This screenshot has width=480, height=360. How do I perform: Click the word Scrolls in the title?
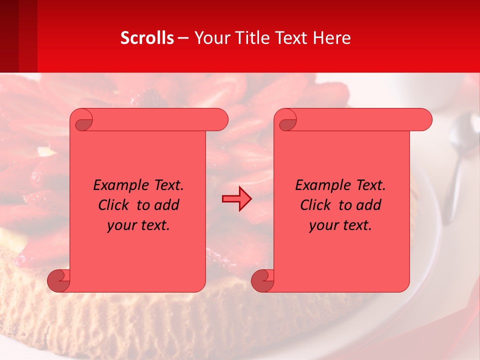coord(147,38)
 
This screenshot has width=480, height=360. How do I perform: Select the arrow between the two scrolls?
coord(236,199)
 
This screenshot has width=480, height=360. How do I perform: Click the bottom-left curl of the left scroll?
coord(58,280)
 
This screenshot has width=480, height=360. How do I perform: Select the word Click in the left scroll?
coord(113,205)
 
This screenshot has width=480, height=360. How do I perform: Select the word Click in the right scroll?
coord(315,205)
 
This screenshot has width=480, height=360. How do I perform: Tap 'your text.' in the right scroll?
coord(340,225)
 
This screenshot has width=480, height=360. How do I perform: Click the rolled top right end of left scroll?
coord(217,120)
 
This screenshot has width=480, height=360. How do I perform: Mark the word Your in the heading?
coord(209,38)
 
